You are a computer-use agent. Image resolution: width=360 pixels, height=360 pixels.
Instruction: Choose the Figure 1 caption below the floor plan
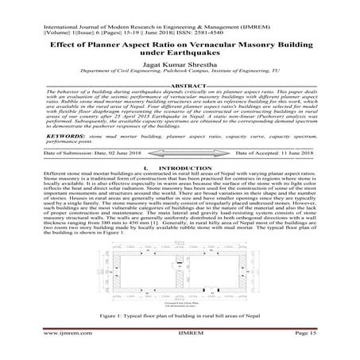(180, 316)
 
